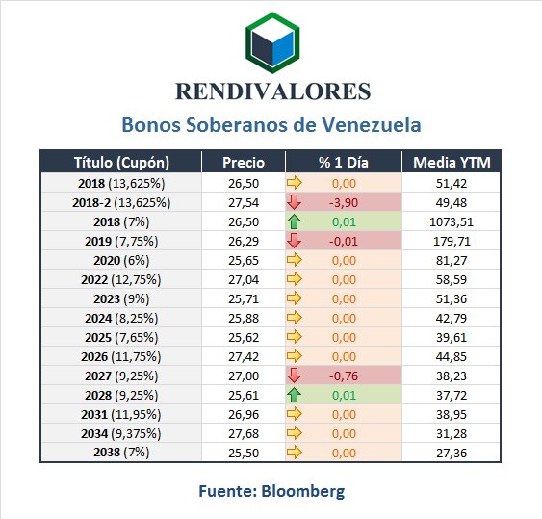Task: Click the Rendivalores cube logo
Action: [x=272, y=43]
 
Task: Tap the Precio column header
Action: [x=244, y=162]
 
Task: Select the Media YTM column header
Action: [x=452, y=162]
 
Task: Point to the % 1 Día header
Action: [x=344, y=162]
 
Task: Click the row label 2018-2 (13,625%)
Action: [x=121, y=203]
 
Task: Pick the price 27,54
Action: [x=244, y=202]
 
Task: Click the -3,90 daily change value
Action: [x=344, y=202]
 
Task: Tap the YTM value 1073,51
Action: [x=452, y=222]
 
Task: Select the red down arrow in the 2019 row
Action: [x=295, y=241]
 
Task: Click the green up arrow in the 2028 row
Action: [x=295, y=395]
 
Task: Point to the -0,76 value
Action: [x=344, y=376]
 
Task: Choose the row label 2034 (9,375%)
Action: [x=121, y=434]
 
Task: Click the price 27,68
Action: [x=244, y=433]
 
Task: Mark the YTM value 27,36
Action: [x=452, y=453]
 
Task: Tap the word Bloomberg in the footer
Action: [x=303, y=491]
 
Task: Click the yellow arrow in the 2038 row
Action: [x=295, y=453]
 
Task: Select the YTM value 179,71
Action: [x=452, y=242]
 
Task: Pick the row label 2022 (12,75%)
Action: [x=121, y=280]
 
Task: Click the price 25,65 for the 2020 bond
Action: [x=244, y=260]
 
